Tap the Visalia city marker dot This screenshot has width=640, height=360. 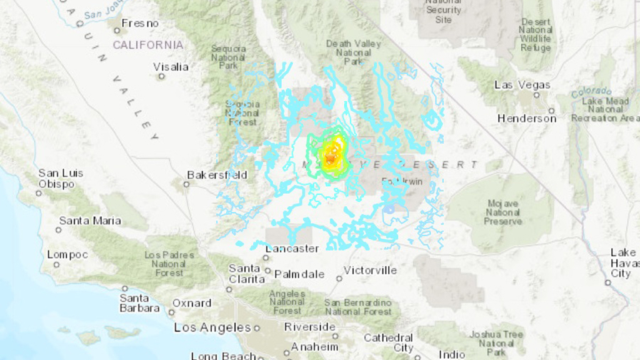[161, 76]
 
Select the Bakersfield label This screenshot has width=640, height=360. [217, 175]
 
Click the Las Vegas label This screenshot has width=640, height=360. [522, 85]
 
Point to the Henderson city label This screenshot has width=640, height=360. [527, 118]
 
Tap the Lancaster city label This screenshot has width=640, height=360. [292, 249]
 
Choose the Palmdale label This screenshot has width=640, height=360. [300, 274]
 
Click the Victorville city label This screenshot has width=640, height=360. [371, 270]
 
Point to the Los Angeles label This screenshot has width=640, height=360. [212, 327]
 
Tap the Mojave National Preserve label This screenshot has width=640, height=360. [503, 212]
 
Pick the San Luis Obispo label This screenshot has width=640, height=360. [60, 179]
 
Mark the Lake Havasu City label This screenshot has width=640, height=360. [622, 262]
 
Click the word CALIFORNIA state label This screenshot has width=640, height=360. [148, 45]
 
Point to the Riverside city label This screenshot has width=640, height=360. [310, 327]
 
